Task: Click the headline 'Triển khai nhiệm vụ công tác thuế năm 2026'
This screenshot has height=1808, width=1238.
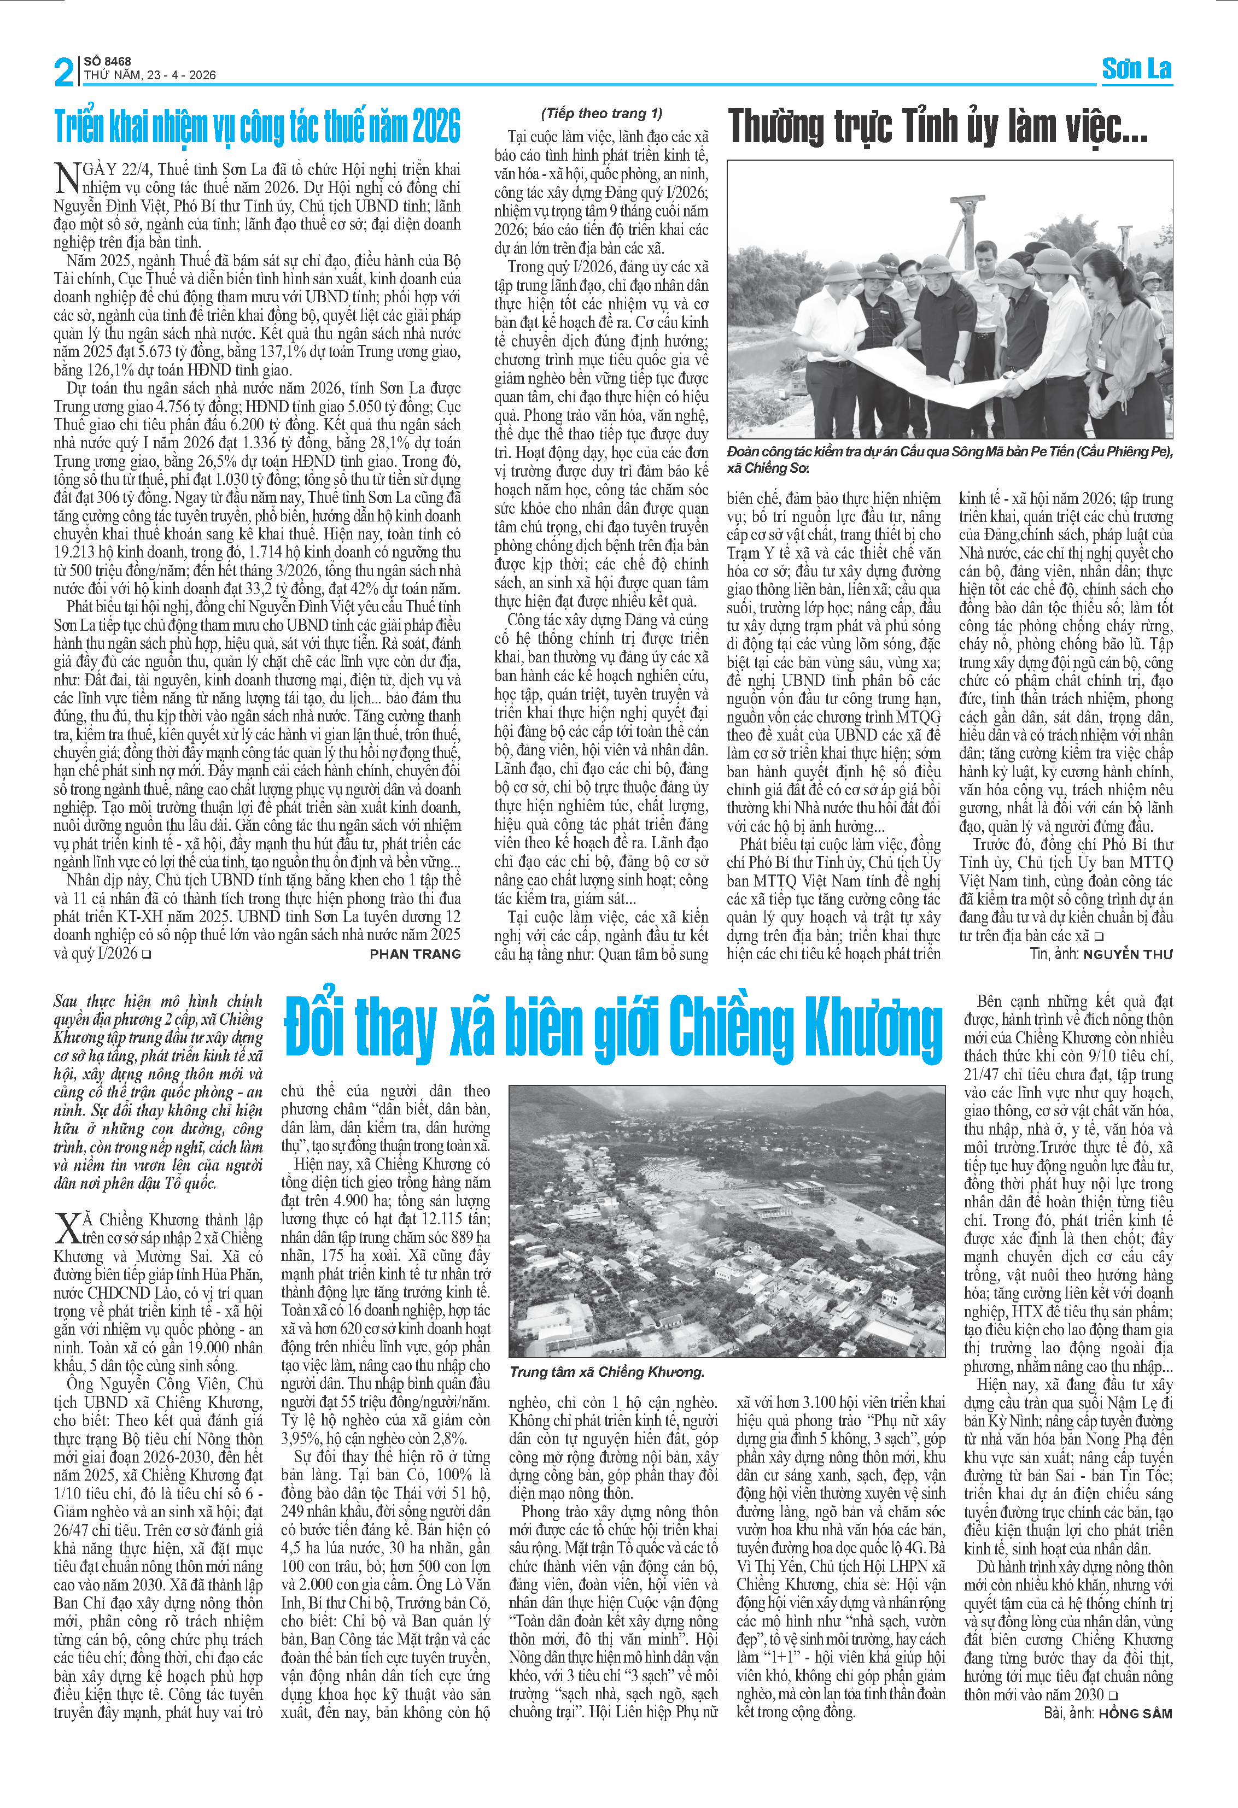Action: pos(257,127)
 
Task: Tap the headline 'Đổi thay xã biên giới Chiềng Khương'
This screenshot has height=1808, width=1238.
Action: pos(613,1029)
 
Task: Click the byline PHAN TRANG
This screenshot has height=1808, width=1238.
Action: pos(414,954)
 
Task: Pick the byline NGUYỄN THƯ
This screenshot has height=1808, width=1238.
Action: pos(1128,954)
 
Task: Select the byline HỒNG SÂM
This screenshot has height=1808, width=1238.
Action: pos(1135,1713)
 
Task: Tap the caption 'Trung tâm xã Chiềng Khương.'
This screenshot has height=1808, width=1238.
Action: pos(607,1371)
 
